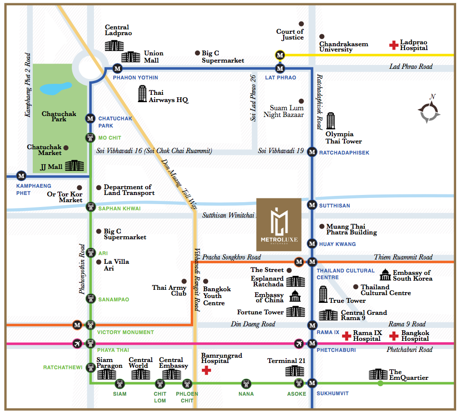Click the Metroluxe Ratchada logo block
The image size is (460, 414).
279,225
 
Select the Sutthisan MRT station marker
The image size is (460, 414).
312,205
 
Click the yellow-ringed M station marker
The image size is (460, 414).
280,55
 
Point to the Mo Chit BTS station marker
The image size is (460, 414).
91,138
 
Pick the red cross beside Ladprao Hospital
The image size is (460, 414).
394,45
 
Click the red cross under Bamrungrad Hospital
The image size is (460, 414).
206,370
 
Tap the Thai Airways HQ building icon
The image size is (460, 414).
142,94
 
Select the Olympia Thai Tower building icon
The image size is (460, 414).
330,121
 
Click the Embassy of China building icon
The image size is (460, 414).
295,296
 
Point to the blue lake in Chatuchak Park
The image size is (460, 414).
56,89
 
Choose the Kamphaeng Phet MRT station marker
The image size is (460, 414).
21,176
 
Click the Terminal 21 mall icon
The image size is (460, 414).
294,371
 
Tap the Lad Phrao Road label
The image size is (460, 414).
411,66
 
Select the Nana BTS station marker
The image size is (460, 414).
246,383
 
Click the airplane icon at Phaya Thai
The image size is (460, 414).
77,343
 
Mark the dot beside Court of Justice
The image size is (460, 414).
302,24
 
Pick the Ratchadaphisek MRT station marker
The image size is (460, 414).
312,152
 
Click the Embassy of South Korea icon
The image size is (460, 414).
385,275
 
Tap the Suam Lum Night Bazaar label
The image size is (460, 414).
283,111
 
